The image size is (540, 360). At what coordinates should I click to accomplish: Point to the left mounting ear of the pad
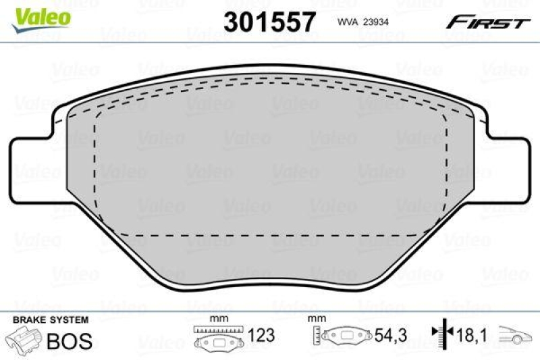pos(30,169)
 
